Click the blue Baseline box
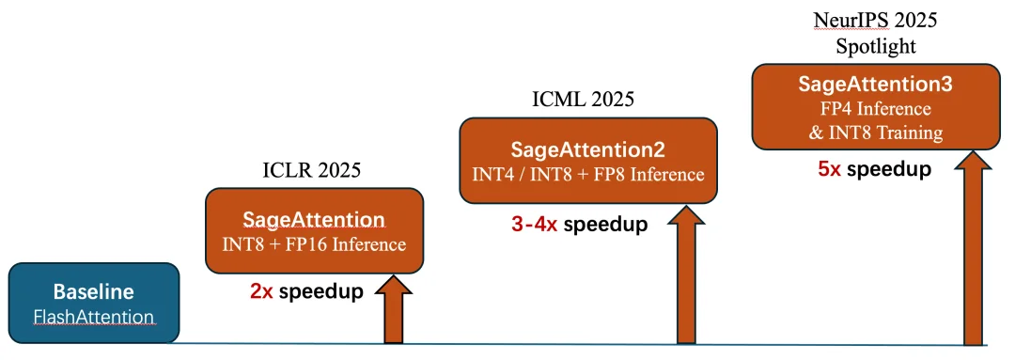pyautogui.click(x=93, y=303)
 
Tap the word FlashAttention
pyautogui.click(x=94, y=318)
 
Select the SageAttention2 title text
pyautogui.click(x=587, y=150)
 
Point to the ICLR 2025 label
pyautogui.click(x=311, y=169)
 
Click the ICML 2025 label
pyautogui.click(x=584, y=100)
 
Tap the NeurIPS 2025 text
pyautogui.click(x=875, y=20)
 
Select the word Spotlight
pyautogui.click(x=875, y=47)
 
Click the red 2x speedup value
pyautogui.click(x=261, y=291)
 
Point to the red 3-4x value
pyautogui.click(x=534, y=224)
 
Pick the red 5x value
pyautogui.click(x=830, y=169)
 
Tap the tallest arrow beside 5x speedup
pyautogui.click(x=973, y=246)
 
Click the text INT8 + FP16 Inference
pyautogui.click(x=314, y=244)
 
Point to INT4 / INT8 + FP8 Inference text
pyautogui.click(x=587, y=174)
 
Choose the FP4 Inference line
pyautogui.click(x=875, y=108)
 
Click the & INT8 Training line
pyautogui.click(x=875, y=133)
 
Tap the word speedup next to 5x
pyautogui.click(x=889, y=169)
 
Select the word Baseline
pyautogui.click(x=94, y=292)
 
